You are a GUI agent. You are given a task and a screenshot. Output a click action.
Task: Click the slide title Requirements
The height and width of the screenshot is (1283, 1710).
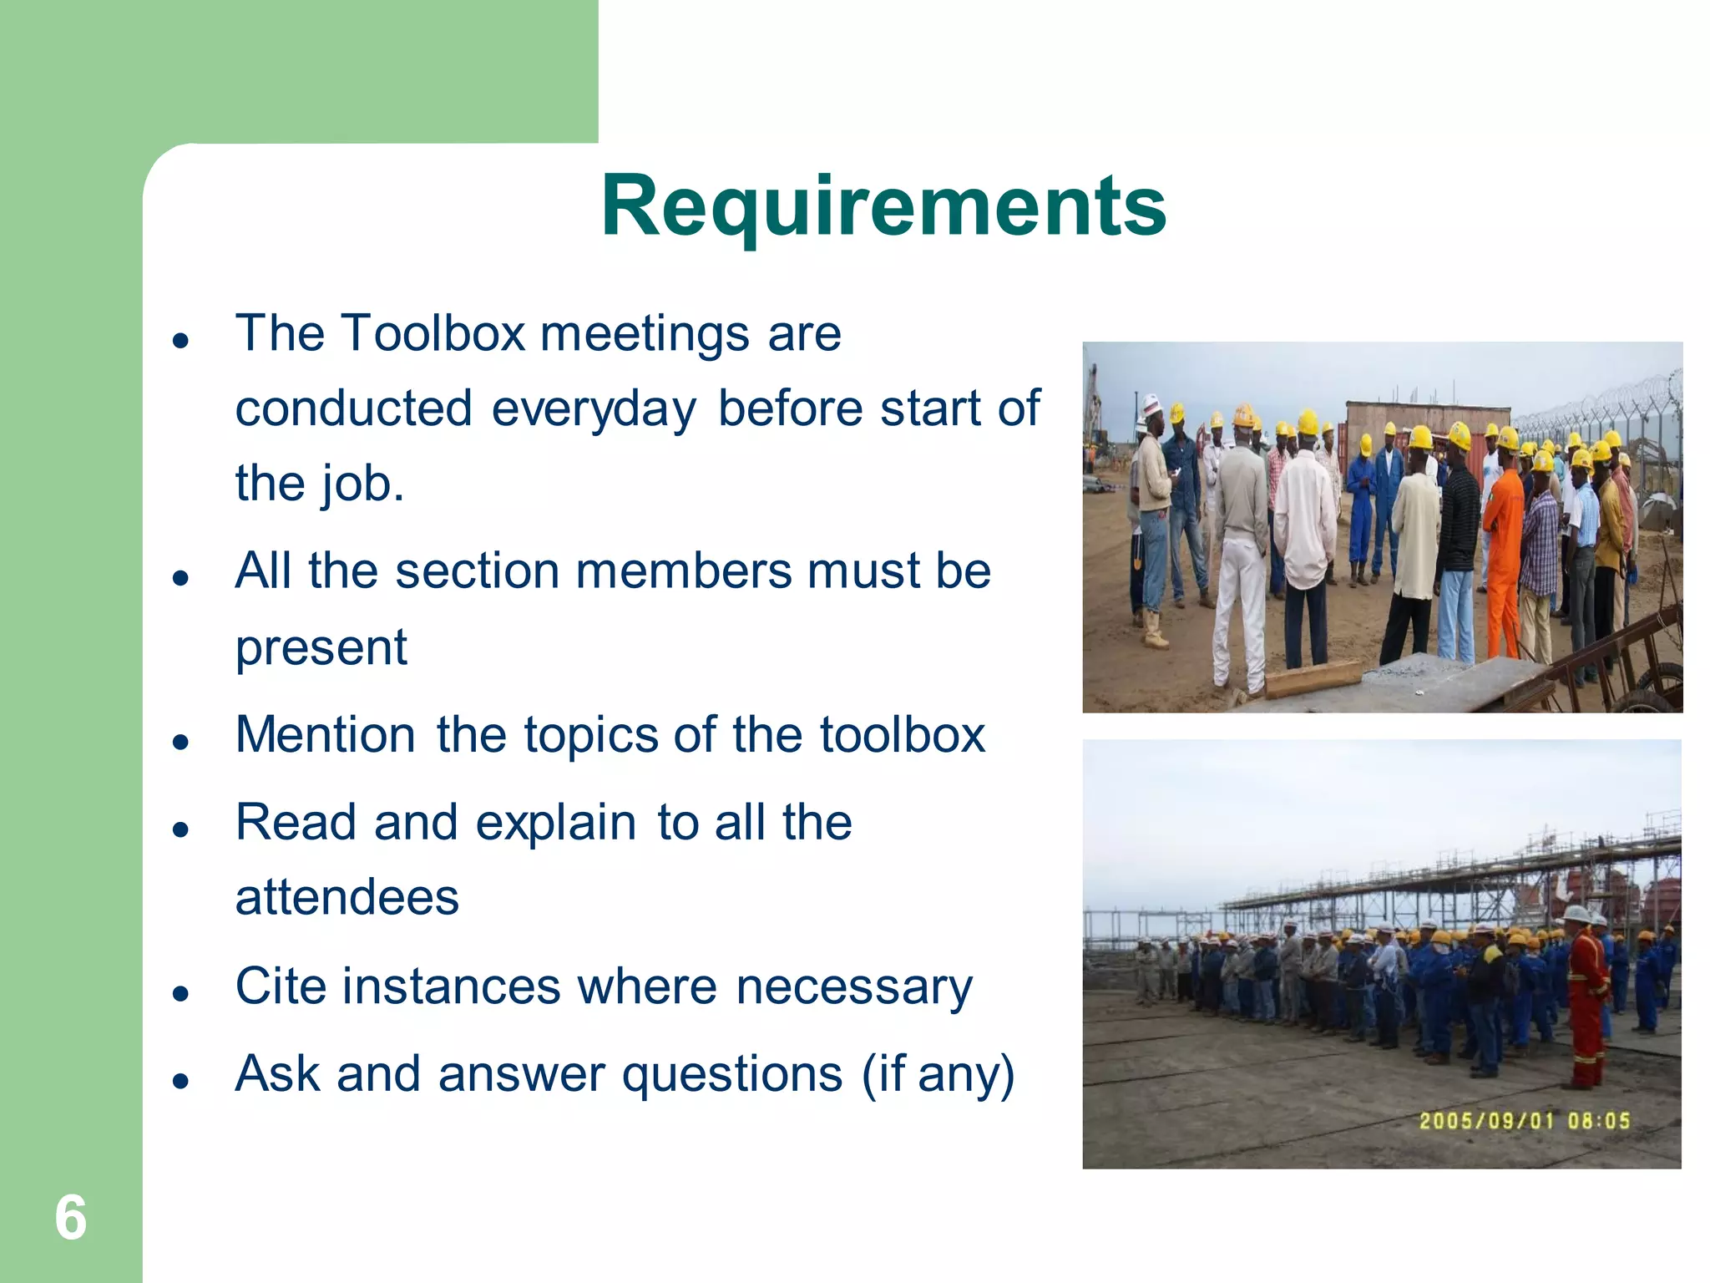(883, 205)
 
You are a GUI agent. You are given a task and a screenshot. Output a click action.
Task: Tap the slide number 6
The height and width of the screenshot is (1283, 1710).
(71, 1218)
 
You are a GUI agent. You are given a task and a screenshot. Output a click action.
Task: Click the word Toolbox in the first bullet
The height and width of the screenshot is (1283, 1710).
(433, 333)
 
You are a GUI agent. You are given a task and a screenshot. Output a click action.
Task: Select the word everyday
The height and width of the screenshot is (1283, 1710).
(594, 409)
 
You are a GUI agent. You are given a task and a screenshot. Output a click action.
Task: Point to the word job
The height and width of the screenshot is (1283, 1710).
(360, 484)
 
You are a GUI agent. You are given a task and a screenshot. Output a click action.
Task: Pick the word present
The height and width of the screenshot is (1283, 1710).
(321, 647)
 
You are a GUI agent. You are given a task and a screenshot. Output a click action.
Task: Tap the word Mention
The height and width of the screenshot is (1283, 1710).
(326, 735)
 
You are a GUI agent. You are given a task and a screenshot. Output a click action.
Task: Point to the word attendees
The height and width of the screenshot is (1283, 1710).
(347, 898)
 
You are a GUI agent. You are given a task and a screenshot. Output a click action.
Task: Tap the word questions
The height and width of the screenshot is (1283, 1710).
(732, 1075)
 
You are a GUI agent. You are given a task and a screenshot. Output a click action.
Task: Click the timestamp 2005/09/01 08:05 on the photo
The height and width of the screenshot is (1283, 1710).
(1525, 1121)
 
